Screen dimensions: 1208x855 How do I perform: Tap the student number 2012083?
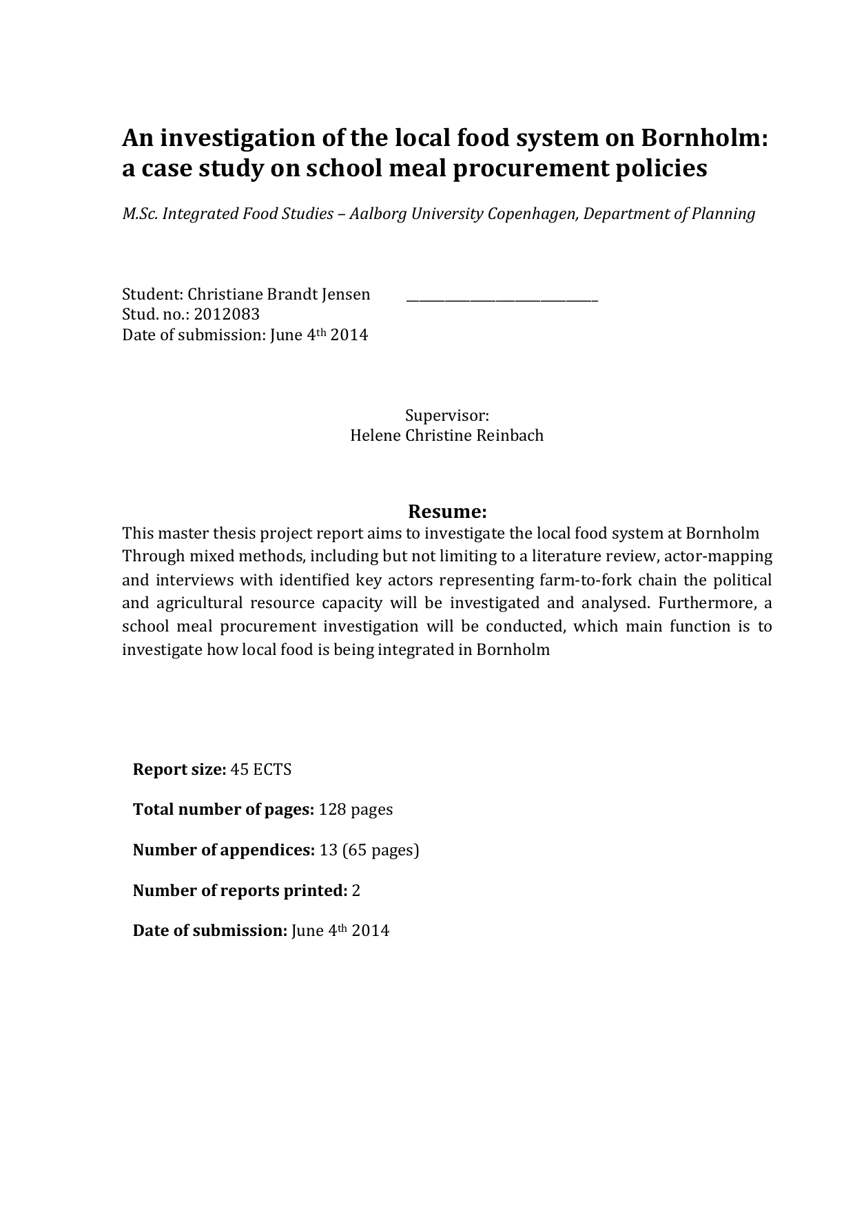tap(227, 315)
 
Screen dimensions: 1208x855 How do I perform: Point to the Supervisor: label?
tap(446, 415)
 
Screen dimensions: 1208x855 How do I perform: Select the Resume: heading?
tap(447, 512)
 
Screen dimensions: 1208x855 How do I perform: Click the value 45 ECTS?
tap(261, 769)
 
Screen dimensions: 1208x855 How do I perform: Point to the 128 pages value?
tap(356, 809)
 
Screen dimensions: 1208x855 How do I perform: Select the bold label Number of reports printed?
tap(240, 891)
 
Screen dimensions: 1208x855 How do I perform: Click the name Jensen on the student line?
tap(346, 295)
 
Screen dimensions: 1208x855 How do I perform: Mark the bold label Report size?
tap(179, 769)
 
